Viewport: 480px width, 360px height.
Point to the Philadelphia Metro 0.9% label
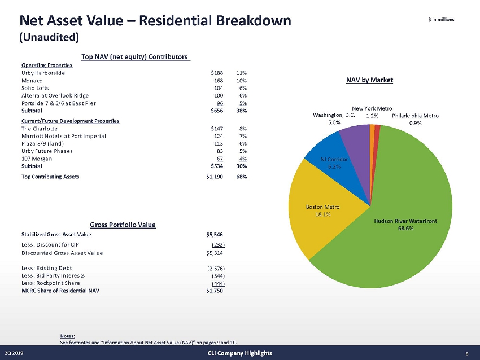coord(415,119)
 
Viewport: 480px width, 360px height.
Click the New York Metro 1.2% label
coord(372,111)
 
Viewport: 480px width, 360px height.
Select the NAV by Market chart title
coord(369,80)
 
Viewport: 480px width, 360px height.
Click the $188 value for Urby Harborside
coord(216,73)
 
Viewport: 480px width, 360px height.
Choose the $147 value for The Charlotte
coord(216,128)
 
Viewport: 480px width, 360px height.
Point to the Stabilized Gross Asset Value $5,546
coord(216,234)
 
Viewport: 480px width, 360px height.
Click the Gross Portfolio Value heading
coord(123,225)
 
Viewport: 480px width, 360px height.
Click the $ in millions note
coord(442,20)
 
